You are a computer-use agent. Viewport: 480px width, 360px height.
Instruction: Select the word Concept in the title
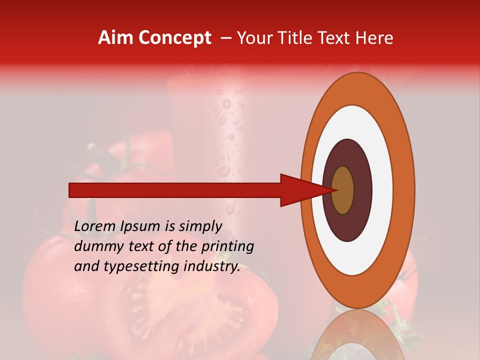click(x=175, y=38)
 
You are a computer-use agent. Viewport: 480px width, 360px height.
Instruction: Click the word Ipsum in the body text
click(x=141, y=226)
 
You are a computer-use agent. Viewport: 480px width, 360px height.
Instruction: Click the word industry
click(x=212, y=266)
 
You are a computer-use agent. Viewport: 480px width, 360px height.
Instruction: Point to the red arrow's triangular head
click(x=300, y=190)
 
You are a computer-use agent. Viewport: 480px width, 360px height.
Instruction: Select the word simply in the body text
click(x=200, y=226)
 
